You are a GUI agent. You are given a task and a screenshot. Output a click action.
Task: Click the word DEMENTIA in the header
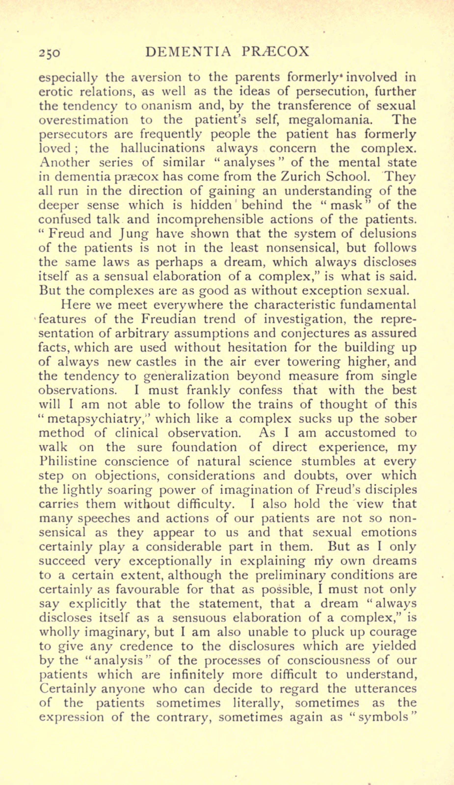click(x=188, y=52)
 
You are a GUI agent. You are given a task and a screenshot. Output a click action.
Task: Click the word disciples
click(x=391, y=490)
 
